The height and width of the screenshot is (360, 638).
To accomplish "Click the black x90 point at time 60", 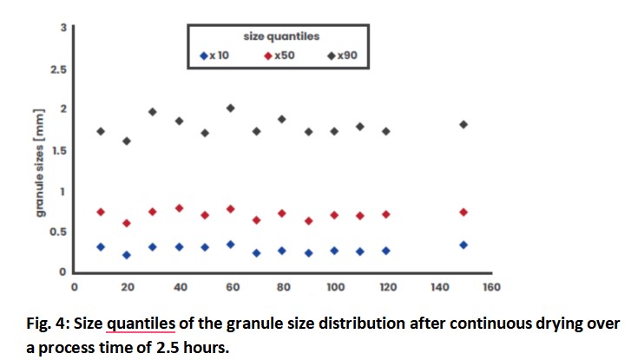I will (230, 108).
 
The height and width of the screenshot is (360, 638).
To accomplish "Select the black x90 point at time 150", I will (464, 124).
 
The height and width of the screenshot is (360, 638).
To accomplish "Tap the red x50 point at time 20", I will (127, 223).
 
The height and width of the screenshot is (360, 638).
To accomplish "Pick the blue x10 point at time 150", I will (464, 245).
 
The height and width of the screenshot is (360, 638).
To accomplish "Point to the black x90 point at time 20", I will (127, 141).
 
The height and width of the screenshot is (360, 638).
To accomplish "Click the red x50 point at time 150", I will (464, 212).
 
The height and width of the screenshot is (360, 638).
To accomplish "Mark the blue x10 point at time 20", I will (127, 255).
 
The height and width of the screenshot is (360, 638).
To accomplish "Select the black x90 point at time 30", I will (152, 112).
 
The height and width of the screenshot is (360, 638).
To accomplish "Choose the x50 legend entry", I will (280, 56).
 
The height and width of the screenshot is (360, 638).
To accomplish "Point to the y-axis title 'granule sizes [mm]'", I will (39, 174).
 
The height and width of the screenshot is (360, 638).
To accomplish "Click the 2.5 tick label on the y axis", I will (57, 69).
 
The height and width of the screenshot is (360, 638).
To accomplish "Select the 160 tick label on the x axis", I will (491, 285).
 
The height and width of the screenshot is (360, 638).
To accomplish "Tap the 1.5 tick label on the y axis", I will (57, 150).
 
